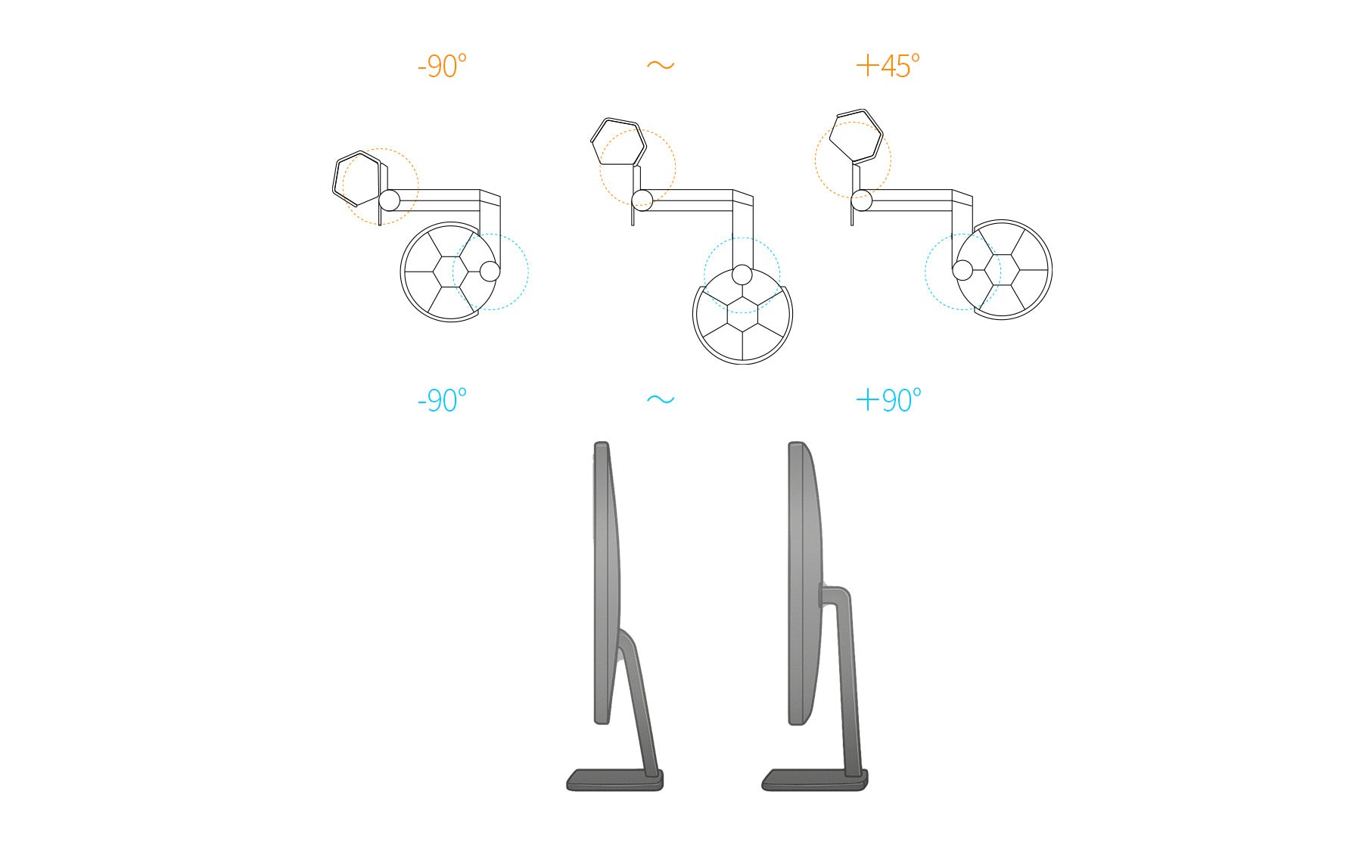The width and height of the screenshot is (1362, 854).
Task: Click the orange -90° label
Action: (442, 67)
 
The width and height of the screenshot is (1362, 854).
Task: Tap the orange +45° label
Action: (888, 66)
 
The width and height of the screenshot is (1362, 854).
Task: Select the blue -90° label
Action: (442, 400)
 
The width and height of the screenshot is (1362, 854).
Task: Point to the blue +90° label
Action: (888, 399)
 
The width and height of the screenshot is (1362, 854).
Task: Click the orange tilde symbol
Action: (661, 66)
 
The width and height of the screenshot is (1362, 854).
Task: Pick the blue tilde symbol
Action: (661, 399)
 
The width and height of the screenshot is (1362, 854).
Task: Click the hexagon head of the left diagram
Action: (356, 179)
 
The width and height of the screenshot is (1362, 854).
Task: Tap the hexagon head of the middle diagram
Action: (618, 141)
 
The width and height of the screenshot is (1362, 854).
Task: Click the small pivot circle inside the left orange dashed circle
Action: (389, 200)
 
